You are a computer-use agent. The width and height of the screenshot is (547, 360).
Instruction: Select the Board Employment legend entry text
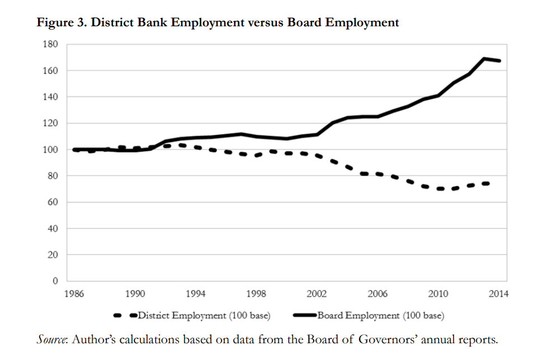click(x=381, y=316)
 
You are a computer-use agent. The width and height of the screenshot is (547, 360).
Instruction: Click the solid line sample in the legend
click(x=304, y=316)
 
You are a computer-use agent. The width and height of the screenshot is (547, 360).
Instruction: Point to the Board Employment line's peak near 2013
click(x=484, y=59)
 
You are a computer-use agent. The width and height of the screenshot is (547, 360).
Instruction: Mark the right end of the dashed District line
click(x=488, y=183)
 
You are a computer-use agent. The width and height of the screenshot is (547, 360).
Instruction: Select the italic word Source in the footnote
click(x=51, y=339)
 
